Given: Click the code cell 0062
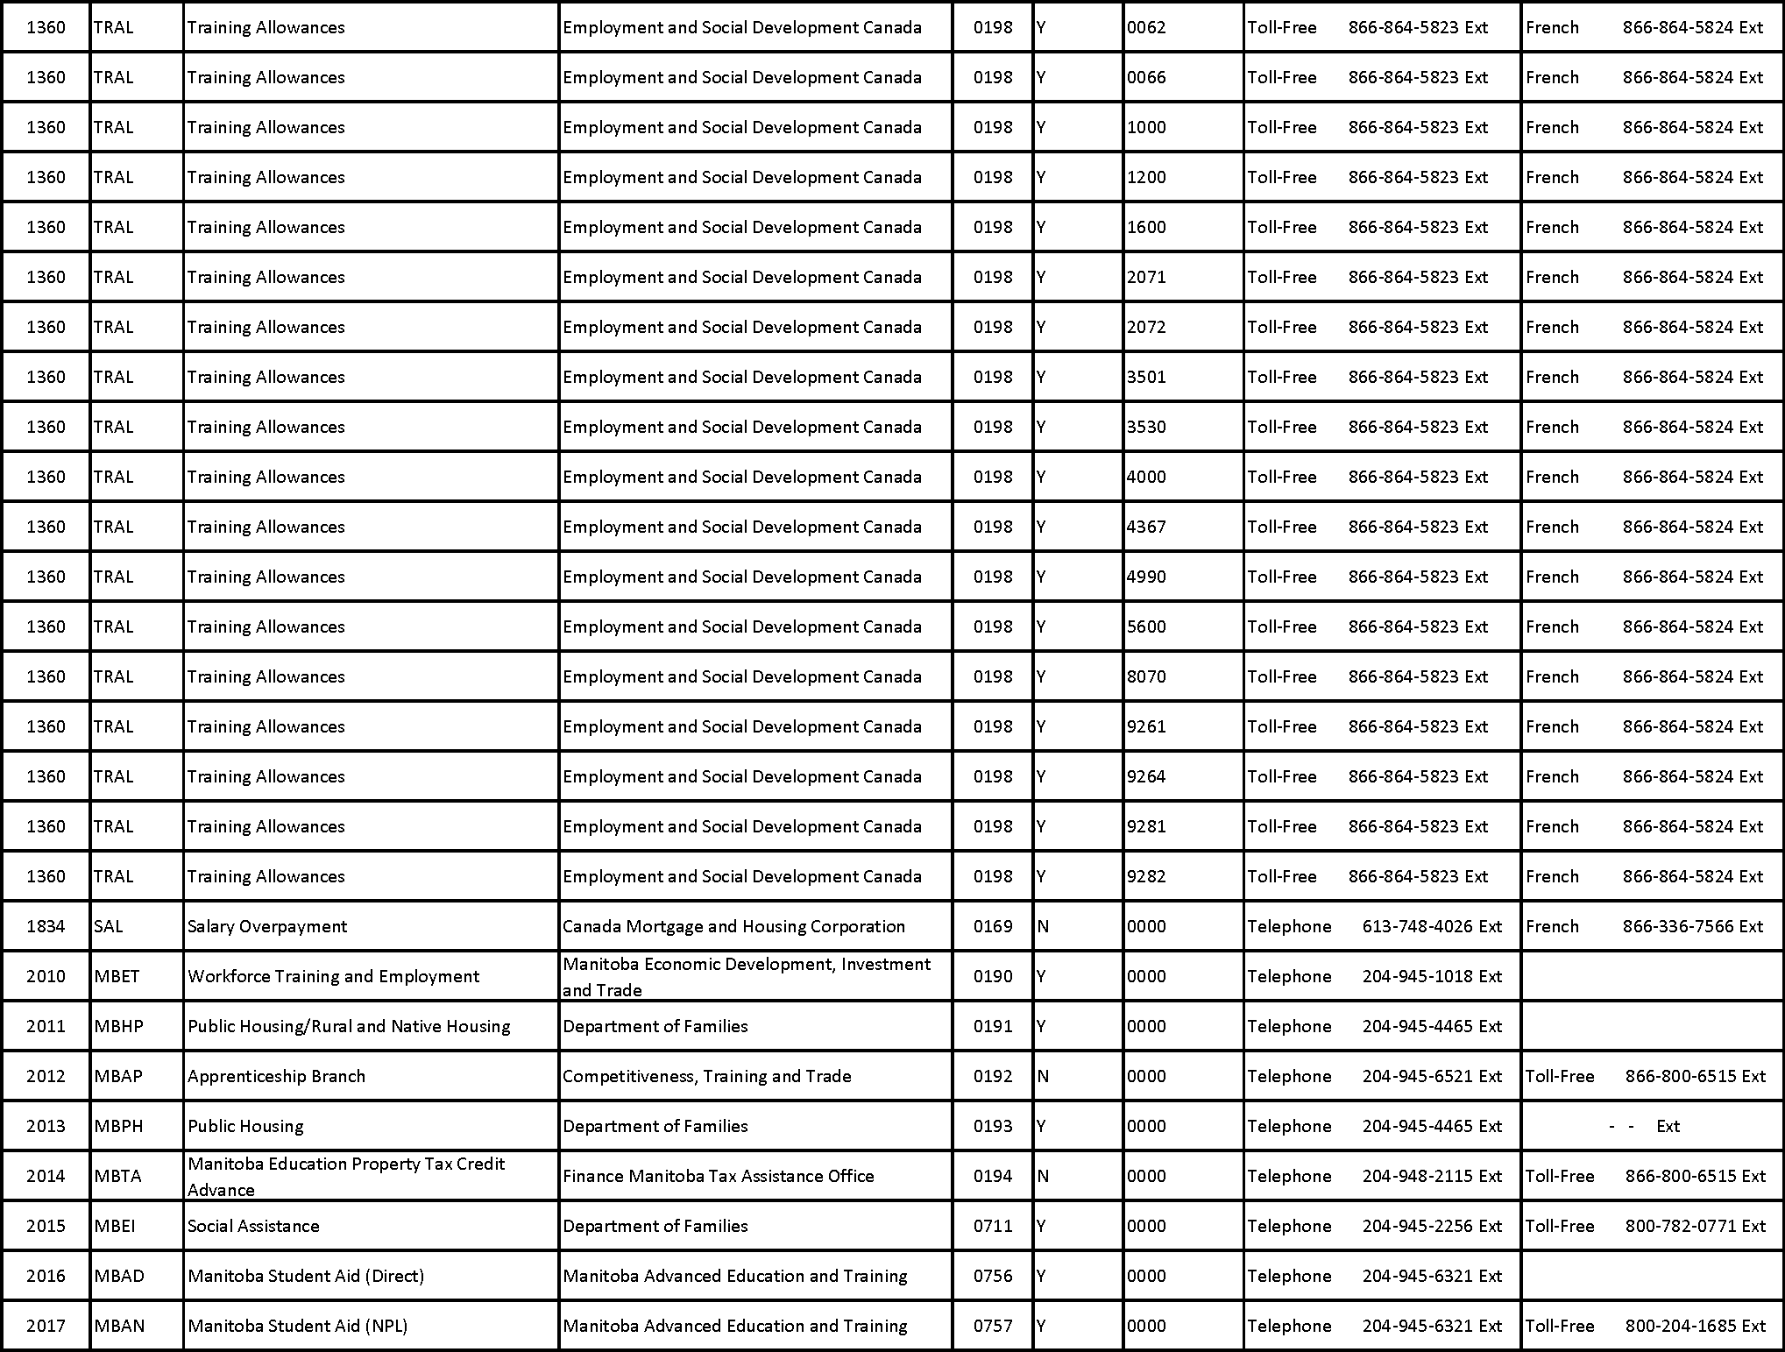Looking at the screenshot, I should (x=1146, y=27).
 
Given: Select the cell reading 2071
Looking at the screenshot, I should (x=1146, y=277).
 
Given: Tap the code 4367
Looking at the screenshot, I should (x=1146, y=527).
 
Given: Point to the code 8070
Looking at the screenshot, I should (x=1146, y=676).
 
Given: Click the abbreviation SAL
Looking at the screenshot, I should (x=109, y=926).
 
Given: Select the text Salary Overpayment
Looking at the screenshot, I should (x=267, y=926).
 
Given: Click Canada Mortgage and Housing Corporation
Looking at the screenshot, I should (x=733, y=926).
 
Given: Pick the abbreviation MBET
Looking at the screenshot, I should (x=117, y=976).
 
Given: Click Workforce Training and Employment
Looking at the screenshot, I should (x=333, y=976).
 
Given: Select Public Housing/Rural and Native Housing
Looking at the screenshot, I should (x=349, y=1026).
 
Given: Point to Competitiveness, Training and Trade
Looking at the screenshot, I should (x=706, y=1076).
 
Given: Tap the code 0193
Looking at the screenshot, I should (x=993, y=1126).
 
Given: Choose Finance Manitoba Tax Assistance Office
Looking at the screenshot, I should (x=718, y=1176).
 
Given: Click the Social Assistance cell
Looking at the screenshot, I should (x=253, y=1226).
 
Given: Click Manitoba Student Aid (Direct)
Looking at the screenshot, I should (x=306, y=1276).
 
